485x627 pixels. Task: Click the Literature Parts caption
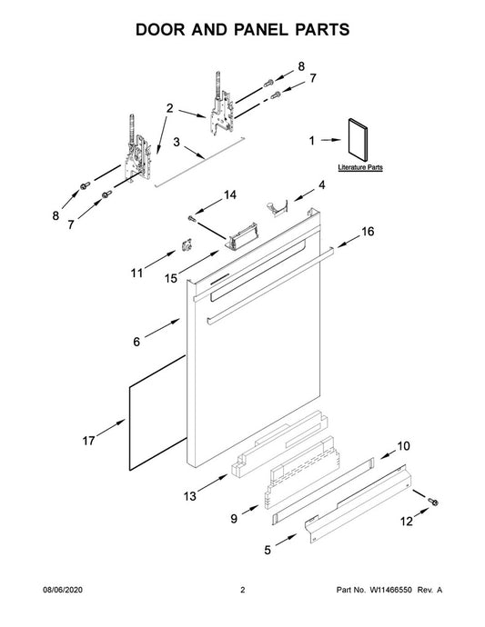tap(360, 167)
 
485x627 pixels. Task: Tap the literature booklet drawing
tap(358, 140)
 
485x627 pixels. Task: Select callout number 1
tap(312, 141)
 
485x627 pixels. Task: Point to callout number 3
tap(177, 142)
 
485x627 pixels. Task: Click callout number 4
tap(321, 184)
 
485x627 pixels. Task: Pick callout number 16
tap(368, 231)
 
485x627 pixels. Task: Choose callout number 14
tap(229, 194)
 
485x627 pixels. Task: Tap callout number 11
tap(136, 274)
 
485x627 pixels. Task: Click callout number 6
tap(136, 342)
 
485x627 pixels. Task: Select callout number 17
tap(88, 441)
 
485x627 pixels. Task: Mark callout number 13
tap(190, 496)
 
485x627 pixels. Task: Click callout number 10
tap(403, 446)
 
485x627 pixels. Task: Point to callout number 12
tap(406, 521)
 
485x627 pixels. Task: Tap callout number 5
tap(268, 551)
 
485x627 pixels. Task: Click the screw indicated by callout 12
tap(432, 501)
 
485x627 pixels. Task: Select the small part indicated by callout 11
tap(187, 244)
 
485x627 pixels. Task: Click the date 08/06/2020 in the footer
tap(63, 590)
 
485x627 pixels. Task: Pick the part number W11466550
tap(390, 590)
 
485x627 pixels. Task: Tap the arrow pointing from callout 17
tap(111, 427)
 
